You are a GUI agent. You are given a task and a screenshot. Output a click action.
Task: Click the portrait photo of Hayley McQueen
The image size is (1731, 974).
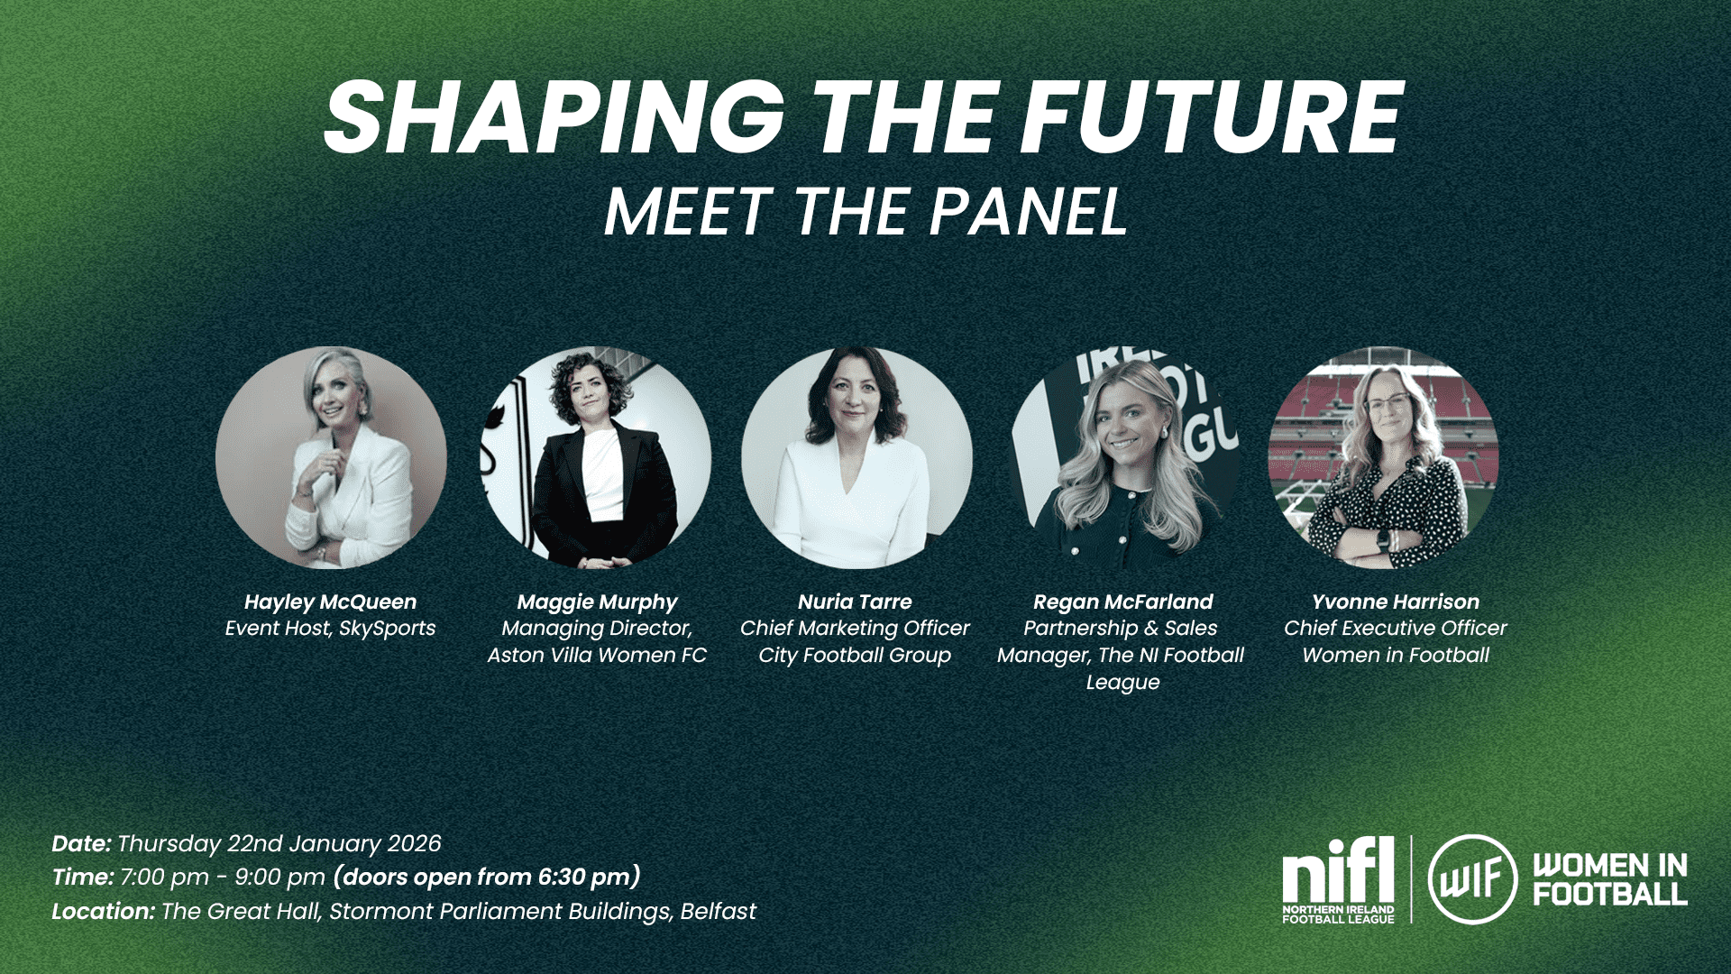[331, 458]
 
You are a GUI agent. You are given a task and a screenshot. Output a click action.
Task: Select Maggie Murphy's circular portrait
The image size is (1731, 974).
[596, 458]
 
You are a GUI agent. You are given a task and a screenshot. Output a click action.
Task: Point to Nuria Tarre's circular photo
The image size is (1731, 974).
[856, 458]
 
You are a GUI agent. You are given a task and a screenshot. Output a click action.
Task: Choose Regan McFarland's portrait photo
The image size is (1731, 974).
[1124, 458]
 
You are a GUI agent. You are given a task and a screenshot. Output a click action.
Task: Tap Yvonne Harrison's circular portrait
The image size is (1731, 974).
[1384, 458]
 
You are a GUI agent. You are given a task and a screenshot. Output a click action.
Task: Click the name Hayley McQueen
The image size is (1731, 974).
[331, 602]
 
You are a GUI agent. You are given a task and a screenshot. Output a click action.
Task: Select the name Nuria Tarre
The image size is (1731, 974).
[855, 602]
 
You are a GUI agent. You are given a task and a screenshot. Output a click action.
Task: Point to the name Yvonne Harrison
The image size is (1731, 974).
[1396, 602]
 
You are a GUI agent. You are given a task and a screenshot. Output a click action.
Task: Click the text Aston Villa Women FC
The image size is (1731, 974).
[597, 656]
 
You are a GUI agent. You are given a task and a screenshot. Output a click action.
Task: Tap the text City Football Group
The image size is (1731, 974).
[855, 657]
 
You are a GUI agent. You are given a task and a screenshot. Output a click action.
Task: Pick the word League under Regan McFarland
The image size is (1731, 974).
[1122, 683]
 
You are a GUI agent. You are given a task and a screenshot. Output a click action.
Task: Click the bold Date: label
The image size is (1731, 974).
[81, 844]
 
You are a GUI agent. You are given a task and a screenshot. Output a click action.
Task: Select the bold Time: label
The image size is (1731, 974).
[83, 878]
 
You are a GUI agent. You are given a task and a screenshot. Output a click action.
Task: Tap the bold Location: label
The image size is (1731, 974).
[103, 912]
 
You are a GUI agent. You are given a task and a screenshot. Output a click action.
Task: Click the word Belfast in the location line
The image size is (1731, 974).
[719, 912]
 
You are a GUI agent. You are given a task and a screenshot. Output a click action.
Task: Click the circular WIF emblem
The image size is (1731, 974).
[1472, 879]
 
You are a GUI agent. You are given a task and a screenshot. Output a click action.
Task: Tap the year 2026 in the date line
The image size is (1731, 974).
[414, 844]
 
